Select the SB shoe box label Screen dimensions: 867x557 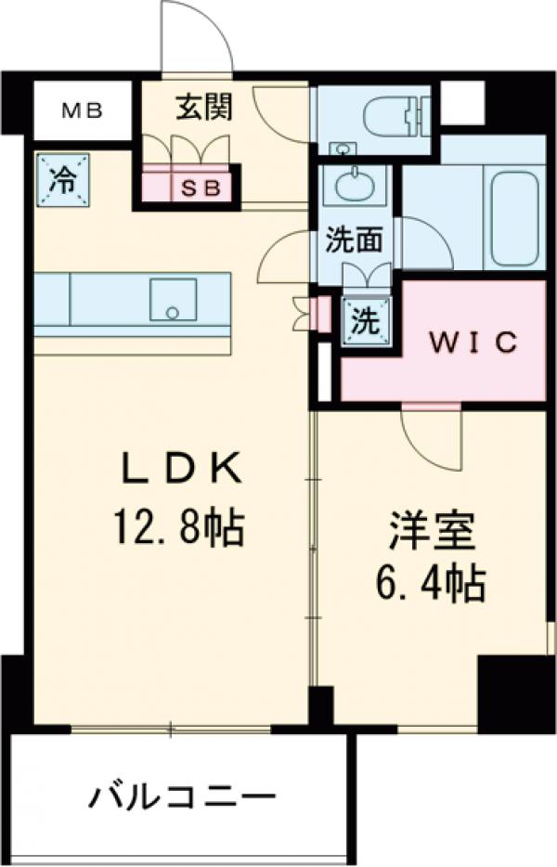pyautogui.click(x=201, y=188)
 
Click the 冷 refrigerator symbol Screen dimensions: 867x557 pyautogui.click(x=64, y=176)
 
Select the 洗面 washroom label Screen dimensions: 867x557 pyautogui.click(x=354, y=240)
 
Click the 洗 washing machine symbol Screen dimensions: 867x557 pyautogui.click(x=365, y=321)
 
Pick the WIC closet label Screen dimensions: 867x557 pyautogui.click(x=472, y=342)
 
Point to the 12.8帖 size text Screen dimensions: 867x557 pyautogui.click(x=178, y=528)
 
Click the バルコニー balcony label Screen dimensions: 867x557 pyautogui.click(x=183, y=796)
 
